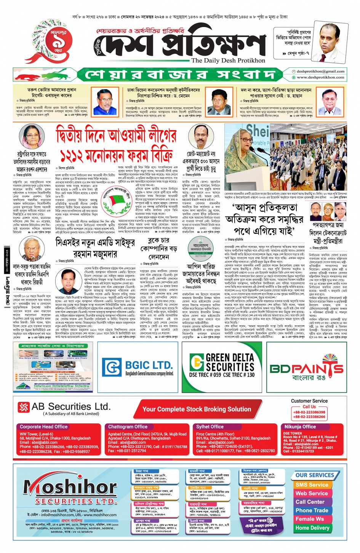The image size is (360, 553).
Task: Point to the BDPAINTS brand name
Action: coord(306,368)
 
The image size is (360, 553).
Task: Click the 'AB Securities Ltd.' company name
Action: coord(71,407)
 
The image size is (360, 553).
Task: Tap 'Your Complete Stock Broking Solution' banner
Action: coord(197,409)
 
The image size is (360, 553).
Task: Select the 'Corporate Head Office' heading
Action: coord(44,427)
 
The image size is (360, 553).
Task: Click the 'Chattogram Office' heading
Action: coord(128,427)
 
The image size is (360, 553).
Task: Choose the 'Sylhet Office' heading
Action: coord(210,427)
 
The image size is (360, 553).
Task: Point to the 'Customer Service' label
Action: coord(309,401)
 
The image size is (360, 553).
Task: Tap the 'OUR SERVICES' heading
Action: coord(314,475)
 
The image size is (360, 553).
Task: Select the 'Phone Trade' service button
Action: coord(312,510)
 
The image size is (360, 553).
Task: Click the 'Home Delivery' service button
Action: coord(312,528)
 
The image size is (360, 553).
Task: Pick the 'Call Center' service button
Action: coord(310,502)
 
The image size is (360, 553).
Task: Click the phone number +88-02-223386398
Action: coord(309,412)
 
